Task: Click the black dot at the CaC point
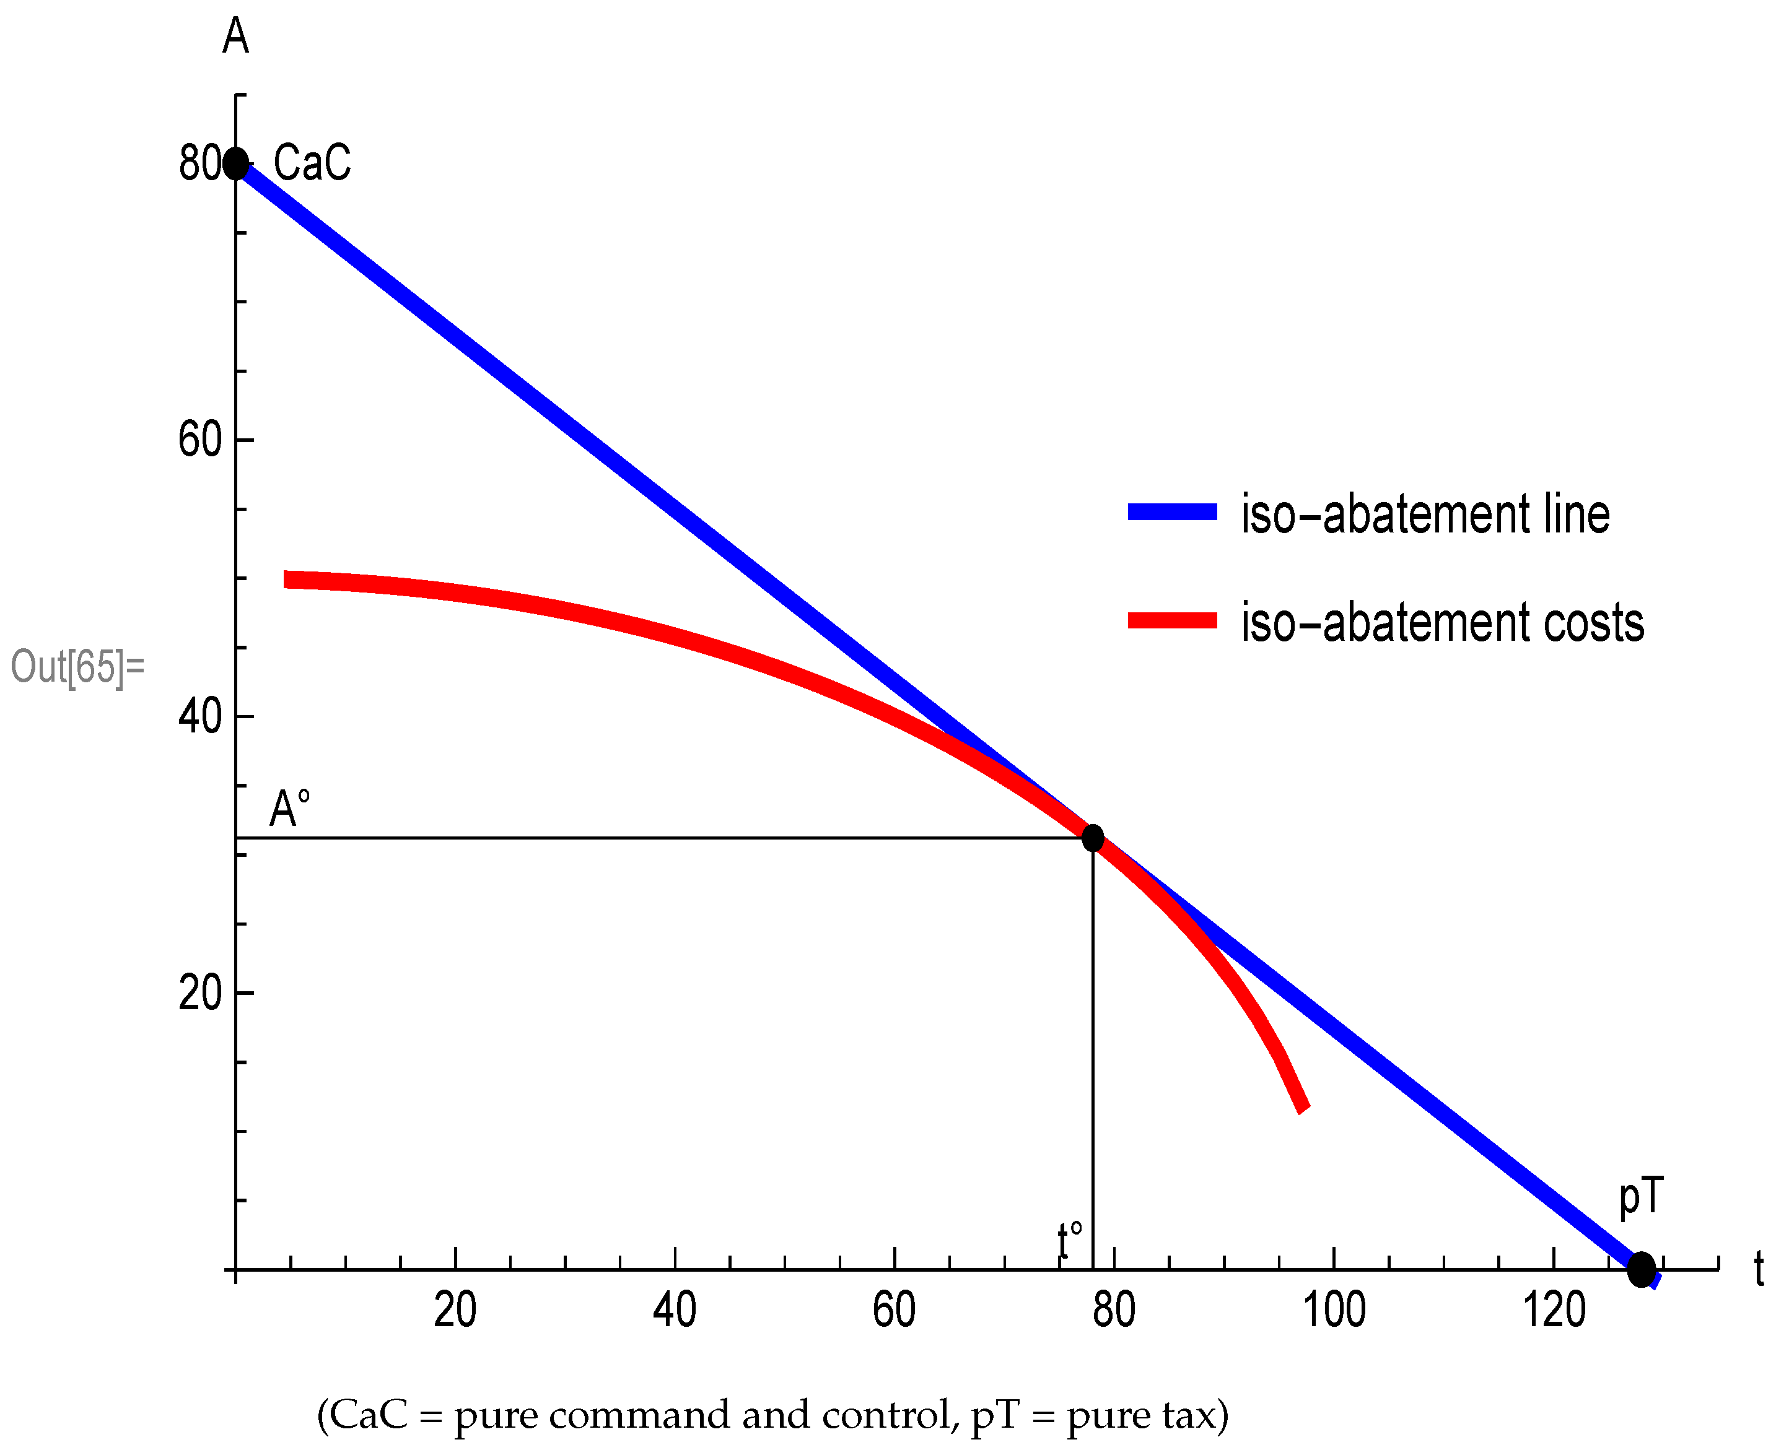[x=237, y=163]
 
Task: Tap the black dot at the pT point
[x=1641, y=1270]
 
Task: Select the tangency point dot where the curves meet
[x=1092, y=837]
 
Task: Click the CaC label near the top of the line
[x=312, y=163]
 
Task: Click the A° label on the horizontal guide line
[x=289, y=809]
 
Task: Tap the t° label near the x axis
[x=1070, y=1240]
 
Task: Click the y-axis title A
[x=235, y=37]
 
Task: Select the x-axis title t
[x=1758, y=1270]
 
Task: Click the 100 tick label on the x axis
[x=1334, y=1309]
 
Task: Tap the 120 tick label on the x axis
[x=1554, y=1309]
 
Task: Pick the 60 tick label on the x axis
[x=894, y=1309]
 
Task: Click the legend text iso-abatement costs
[x=1442, y=622]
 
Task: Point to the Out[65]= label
[x=77, y=667]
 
